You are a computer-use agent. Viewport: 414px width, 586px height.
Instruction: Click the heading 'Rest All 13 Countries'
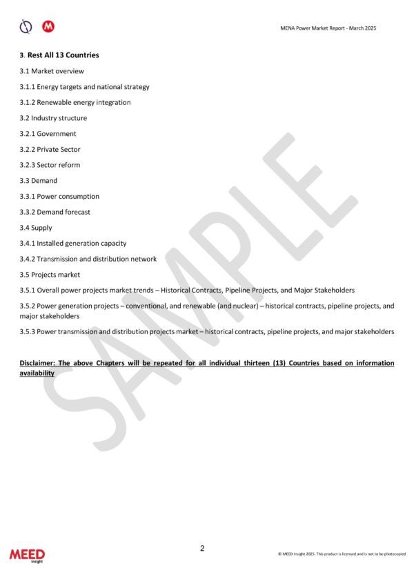point(63,55)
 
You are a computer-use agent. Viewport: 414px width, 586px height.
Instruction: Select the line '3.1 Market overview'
point(52,71)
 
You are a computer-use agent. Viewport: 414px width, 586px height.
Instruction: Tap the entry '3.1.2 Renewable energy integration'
point(75,102)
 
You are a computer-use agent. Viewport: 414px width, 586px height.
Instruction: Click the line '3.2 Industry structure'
point(53,118)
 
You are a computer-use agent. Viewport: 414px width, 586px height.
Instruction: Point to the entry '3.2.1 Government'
point(48,134)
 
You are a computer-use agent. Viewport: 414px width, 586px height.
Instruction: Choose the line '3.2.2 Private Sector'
point(50,149)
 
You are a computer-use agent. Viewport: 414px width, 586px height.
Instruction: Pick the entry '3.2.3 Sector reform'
point(50,165)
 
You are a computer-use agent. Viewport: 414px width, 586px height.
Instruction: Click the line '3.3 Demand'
point(39,181)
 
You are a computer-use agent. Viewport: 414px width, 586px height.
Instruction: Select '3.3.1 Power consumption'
point(59,196)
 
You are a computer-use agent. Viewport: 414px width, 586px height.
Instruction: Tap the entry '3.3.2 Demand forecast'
point(55,212)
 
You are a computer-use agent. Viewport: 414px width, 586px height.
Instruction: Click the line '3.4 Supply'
point(36,228)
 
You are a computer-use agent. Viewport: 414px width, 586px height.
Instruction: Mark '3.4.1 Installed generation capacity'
point(73,243)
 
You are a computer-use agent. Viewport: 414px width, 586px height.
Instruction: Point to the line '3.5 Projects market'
point(50,275)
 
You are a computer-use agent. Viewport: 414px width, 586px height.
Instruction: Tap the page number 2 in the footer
point(202,549)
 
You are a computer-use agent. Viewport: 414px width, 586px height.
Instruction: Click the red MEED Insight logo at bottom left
point(27,555)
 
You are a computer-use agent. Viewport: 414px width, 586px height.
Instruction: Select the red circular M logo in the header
point(48,26)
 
